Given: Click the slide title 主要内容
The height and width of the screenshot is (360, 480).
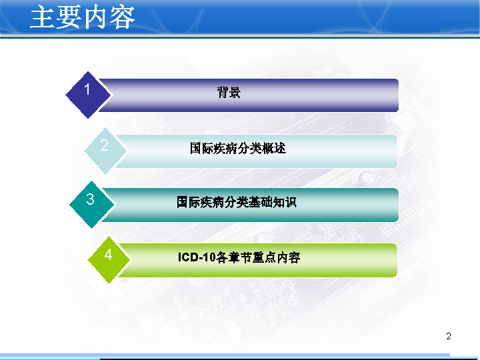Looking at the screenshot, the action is click(83, 17).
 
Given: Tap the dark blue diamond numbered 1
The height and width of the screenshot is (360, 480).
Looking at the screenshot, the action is click(88, 95).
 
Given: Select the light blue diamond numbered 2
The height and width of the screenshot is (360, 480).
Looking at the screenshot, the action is click(105, 151).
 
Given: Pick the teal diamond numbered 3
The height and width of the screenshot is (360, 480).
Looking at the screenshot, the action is click(92, 205).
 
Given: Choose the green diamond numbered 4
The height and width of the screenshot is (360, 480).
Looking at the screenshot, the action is click(109, 259).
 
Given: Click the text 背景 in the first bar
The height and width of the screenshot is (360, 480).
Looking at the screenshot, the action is click(229, 92).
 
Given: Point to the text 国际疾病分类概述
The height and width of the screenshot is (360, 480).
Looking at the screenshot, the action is click(238, 148).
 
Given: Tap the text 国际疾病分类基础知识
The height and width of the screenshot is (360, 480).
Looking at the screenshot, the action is click(237, 202).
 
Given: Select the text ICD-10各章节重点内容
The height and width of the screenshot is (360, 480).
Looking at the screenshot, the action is click(239, 257).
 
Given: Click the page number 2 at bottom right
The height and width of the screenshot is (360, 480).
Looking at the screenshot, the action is click(449, 336).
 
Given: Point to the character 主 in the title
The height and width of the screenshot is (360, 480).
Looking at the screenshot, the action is click(43, 17).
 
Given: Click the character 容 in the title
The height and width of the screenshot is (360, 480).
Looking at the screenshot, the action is click(123, 18).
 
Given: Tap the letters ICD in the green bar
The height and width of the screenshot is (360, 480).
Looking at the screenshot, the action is click(188, 257).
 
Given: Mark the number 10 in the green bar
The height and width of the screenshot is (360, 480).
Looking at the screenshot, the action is click(209, 257).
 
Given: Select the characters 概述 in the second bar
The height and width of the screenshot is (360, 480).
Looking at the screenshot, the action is click(274, 148).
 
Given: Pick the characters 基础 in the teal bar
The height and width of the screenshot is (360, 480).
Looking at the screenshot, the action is click(261, 202).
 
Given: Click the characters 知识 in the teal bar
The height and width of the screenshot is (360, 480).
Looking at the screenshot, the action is click(285, 202).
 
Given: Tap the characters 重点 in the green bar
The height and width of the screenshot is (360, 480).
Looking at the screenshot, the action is click(264, 257).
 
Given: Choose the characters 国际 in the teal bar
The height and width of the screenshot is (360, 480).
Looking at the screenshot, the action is click(189, 202).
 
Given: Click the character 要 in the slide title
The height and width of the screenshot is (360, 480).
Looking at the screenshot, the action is click(69, 17).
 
